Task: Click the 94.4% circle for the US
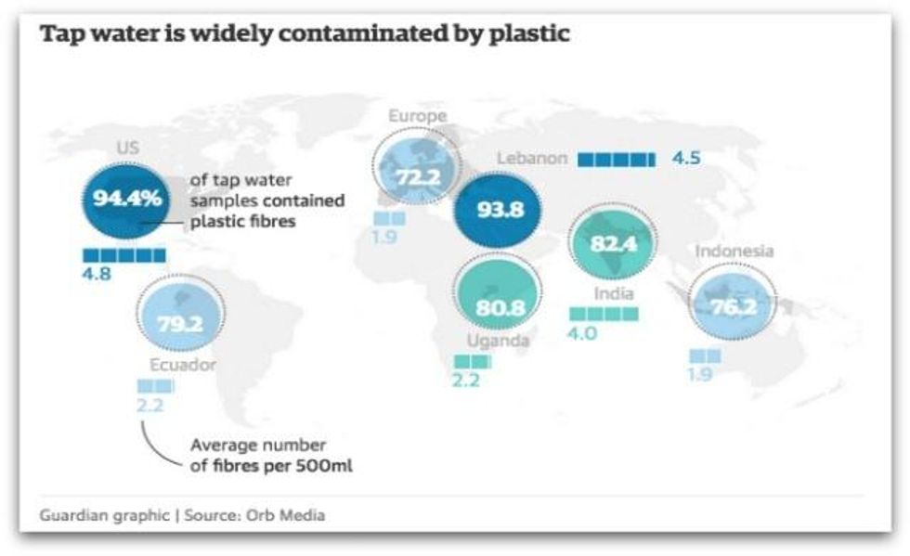(125, 198)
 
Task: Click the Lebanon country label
(531, 158)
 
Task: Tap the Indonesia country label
(734, 251)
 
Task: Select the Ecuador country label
(182, 365)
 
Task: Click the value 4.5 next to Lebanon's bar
(686, 158)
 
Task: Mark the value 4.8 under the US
(97, 274)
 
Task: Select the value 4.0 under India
(582, 333)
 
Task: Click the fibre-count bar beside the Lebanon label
(617, 159)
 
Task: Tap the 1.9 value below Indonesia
(702, 375)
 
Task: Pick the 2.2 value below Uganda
(467, 379)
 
